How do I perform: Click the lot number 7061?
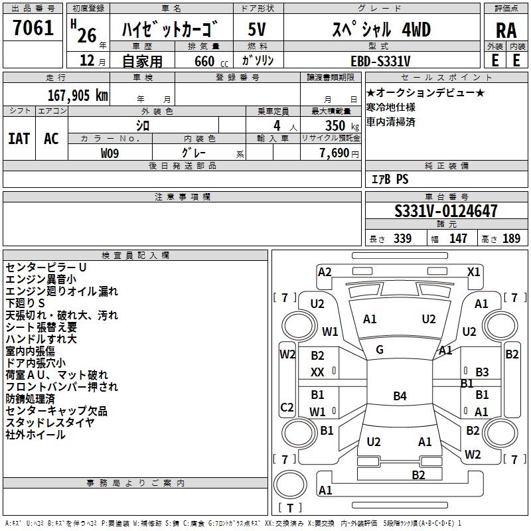33,28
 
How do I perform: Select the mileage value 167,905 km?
78,96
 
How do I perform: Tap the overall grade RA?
506,31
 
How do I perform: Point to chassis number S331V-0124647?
446,211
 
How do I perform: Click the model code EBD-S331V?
380,61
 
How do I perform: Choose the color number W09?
110,153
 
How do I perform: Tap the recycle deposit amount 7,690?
335,153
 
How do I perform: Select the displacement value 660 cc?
211,61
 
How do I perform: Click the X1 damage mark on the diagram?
473,272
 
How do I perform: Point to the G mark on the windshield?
380,350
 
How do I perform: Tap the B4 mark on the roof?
400,396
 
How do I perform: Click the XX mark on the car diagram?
317,372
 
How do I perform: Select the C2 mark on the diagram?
287,407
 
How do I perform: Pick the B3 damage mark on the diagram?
483,372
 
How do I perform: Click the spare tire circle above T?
290,484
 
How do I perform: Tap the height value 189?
511,239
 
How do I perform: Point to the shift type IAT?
19,139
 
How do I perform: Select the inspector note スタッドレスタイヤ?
50,423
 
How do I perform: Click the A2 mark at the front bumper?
325,272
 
